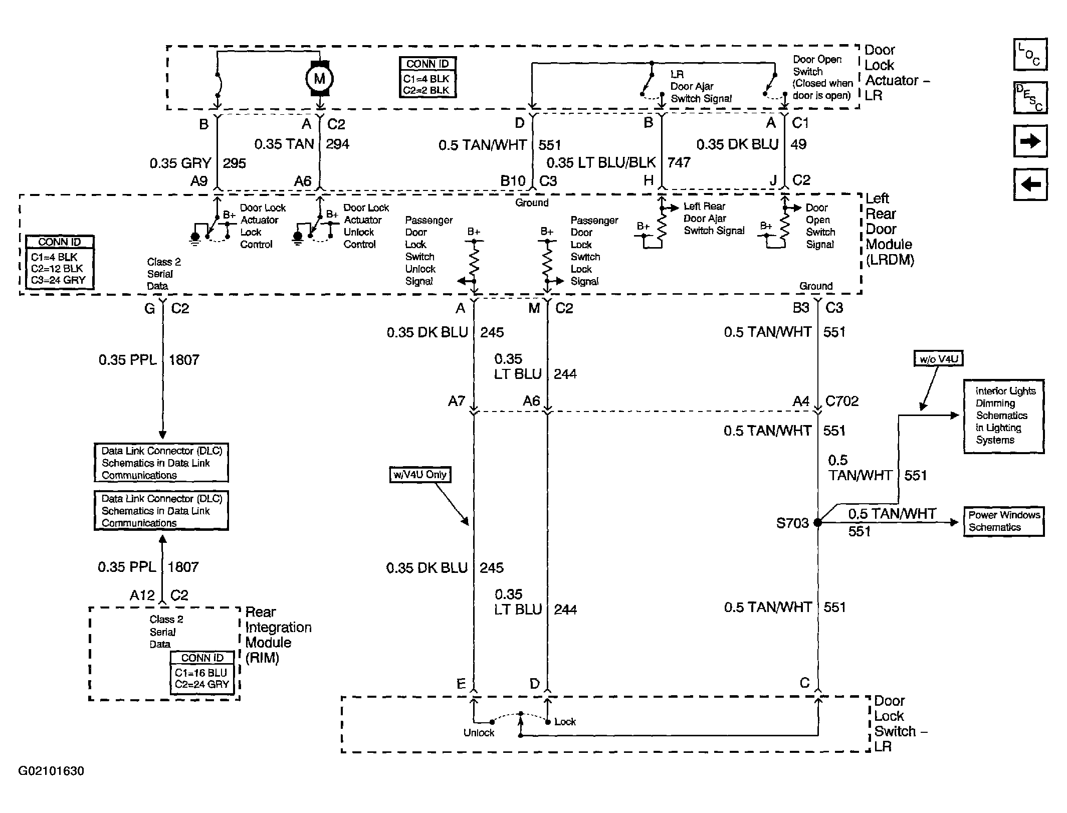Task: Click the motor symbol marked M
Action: [319, 78]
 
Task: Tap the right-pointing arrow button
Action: [1030, 141]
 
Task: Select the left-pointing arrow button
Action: [1030, 184]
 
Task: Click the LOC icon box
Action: [1030, 54]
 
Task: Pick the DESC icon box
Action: [1030, 98]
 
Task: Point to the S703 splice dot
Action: [817, 523]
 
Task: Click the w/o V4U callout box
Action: [938, 359]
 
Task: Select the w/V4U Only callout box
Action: [420, 475]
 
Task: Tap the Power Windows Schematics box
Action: [1004, 521]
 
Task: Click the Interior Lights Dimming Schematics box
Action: [1004, 417]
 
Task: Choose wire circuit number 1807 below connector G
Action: [184, 360]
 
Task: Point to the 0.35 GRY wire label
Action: [180, 163]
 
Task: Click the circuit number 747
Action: [679, 162]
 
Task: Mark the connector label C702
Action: [842, 401]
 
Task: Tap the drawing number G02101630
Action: [51, 771]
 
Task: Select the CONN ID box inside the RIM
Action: [202, 673]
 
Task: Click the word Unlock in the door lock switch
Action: [479, 733]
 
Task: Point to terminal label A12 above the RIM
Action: [142, 595]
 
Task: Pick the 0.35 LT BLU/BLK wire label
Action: [601, 162]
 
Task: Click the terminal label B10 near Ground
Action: [513, 180]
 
